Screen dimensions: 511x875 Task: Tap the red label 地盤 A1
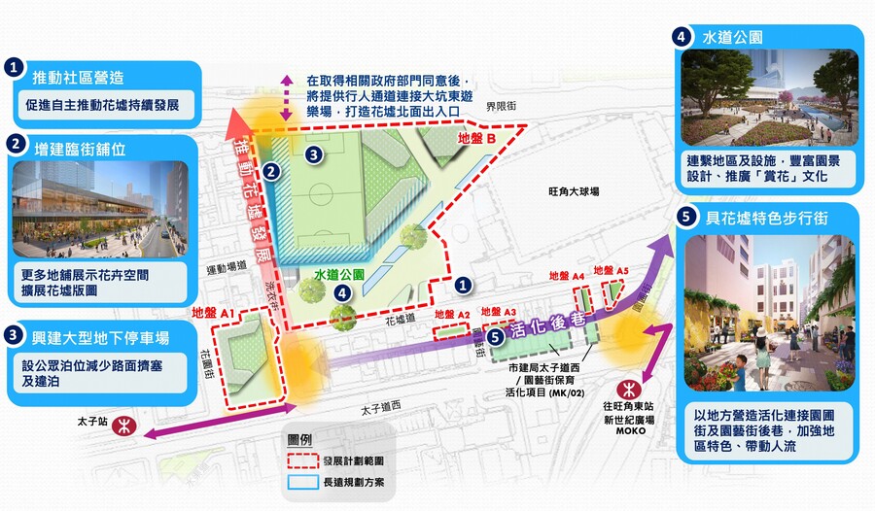[x=215, y=313]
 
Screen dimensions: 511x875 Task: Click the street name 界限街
[x=499, y=105]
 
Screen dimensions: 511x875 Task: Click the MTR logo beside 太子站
[x=122, y=425]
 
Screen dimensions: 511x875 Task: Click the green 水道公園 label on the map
[x=338, y=275]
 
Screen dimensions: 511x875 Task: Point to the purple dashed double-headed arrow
[x=285, y=96]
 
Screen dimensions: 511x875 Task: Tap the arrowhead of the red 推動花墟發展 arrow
[x=235, y=123]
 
